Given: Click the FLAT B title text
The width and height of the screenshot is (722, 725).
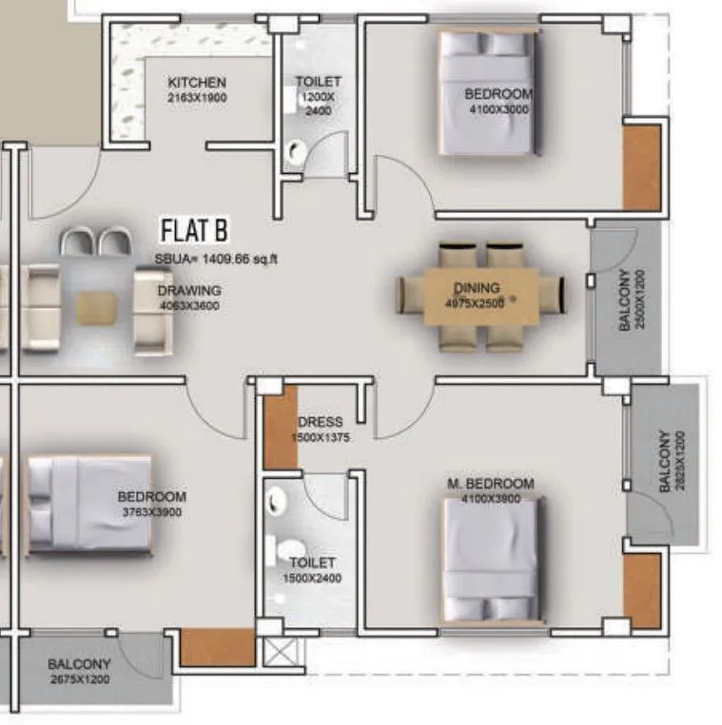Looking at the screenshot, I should click(x=194, y=231).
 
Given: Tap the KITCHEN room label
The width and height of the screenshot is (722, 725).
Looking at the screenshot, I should click(x=197, y=84).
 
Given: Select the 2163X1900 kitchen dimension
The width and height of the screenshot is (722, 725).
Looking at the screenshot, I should click(x=197, y=97).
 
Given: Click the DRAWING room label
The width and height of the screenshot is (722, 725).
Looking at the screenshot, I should click(x=189, y=291).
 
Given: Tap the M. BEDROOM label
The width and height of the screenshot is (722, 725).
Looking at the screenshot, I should click(x=491, y=485).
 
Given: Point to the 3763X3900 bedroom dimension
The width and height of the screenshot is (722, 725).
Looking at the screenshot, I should click(x=152, y=511).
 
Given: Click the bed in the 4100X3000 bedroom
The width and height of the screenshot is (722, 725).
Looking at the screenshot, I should click(x=487, y=95).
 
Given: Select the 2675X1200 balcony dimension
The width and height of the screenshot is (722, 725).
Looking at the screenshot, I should click(x=80, y=679).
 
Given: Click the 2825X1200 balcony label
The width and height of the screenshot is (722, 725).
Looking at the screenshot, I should click(x=670, y=463).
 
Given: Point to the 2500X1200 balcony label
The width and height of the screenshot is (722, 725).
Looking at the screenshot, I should click(x=630, y=299).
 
